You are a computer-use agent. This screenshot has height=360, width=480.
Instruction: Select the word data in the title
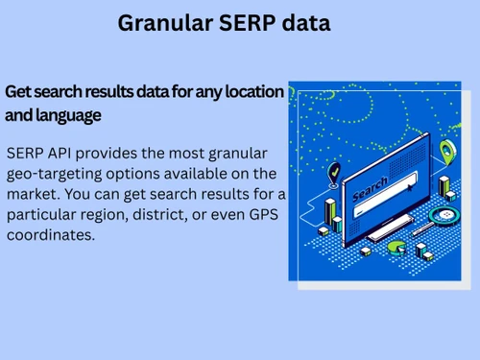(307, 24)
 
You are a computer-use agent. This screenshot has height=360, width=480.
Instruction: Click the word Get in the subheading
(18, 93)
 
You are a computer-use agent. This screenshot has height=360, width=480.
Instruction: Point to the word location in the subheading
(252, 93)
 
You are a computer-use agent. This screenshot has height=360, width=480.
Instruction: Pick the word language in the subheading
(68, 117)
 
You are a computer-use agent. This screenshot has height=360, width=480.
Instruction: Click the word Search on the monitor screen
(370, 187)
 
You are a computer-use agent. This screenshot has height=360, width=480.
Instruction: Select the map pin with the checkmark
(333, 173)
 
